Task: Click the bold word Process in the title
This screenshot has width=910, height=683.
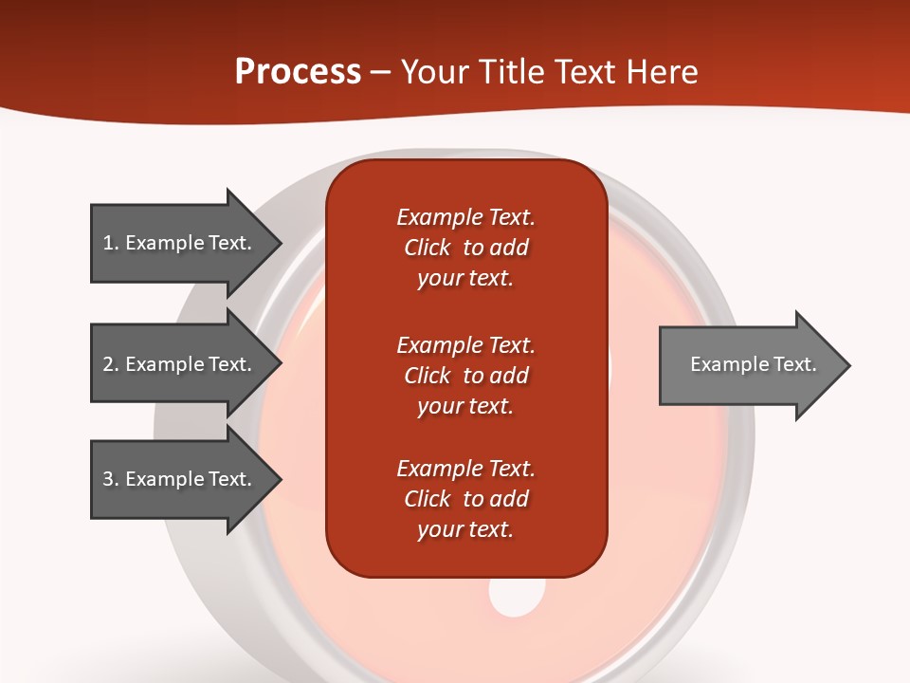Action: click(298, 72)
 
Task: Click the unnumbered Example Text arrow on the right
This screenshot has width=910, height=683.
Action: click(749, 365)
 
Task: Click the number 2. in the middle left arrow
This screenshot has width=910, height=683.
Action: click(110, 364)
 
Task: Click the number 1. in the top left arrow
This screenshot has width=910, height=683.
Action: click(110, 243)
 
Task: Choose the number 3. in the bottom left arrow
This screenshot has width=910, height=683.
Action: click(110, 479)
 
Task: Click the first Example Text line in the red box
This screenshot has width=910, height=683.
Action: click(465, 217)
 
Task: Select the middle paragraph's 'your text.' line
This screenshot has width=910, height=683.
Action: click(465, 406)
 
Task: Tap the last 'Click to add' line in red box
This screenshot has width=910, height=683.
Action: click(465, 499)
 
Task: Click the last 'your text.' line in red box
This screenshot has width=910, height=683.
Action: click(465, 529)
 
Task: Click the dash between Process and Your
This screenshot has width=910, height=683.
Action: click(380, 72)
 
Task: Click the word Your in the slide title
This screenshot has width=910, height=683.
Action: click(436, 72)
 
